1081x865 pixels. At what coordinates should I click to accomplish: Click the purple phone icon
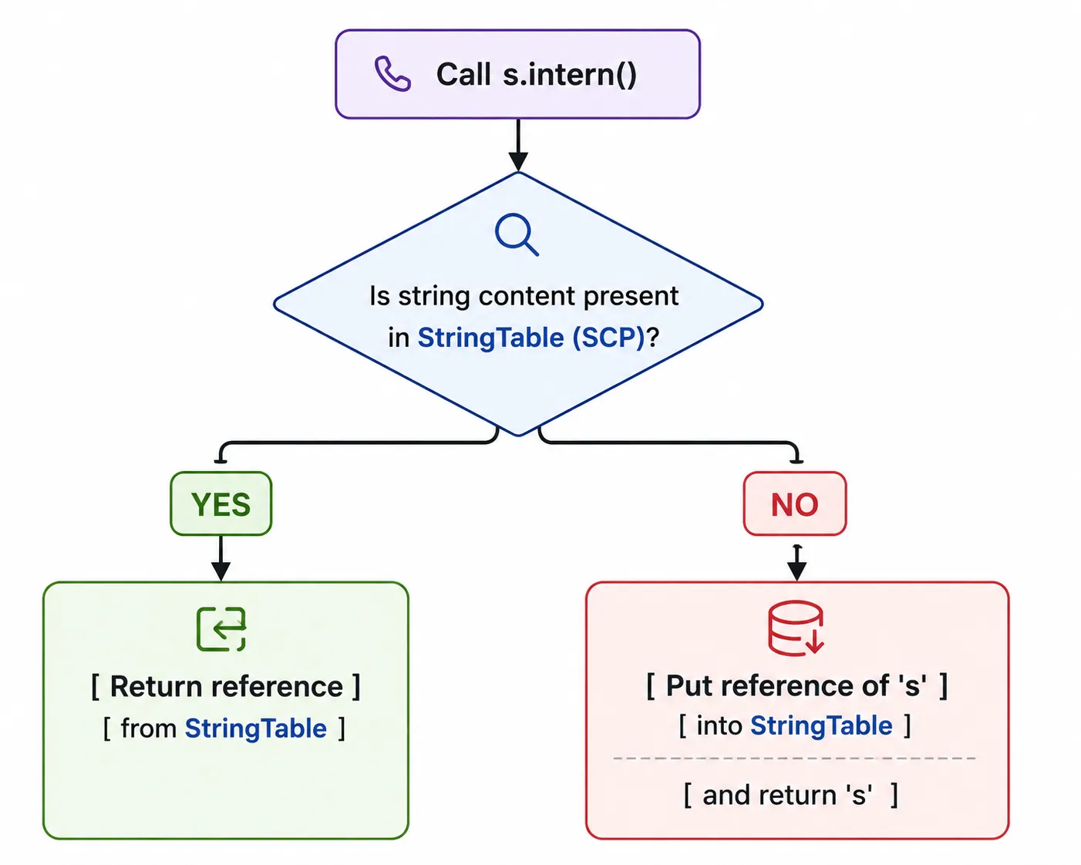point(392,73)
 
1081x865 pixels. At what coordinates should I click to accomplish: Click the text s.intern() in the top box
point(570,74)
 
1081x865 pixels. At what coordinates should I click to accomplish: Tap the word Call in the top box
point(463,74)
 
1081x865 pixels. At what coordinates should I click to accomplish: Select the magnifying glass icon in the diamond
point(517,234)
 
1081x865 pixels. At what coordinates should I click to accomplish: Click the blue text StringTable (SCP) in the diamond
point(531,337)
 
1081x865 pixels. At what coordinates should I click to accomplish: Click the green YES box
point(221,503)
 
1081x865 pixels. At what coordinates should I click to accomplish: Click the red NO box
point(795,503)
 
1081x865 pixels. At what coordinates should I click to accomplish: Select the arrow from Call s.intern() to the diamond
point(518,145)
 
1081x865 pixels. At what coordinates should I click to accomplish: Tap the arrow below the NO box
point(796,563)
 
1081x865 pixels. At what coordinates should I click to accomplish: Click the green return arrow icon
point(221,629)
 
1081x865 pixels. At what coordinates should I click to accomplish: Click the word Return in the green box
point(157,686)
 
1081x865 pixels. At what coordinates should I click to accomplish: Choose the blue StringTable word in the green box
point(256,729)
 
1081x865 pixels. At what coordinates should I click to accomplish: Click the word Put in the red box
point(689,685)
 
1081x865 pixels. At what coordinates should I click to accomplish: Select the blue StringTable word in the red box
point(821,725)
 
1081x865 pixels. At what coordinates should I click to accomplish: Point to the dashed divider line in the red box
point(794,758)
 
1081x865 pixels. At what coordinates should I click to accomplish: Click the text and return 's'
point(787,795)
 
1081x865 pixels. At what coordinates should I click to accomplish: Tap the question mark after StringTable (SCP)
point(652,337)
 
